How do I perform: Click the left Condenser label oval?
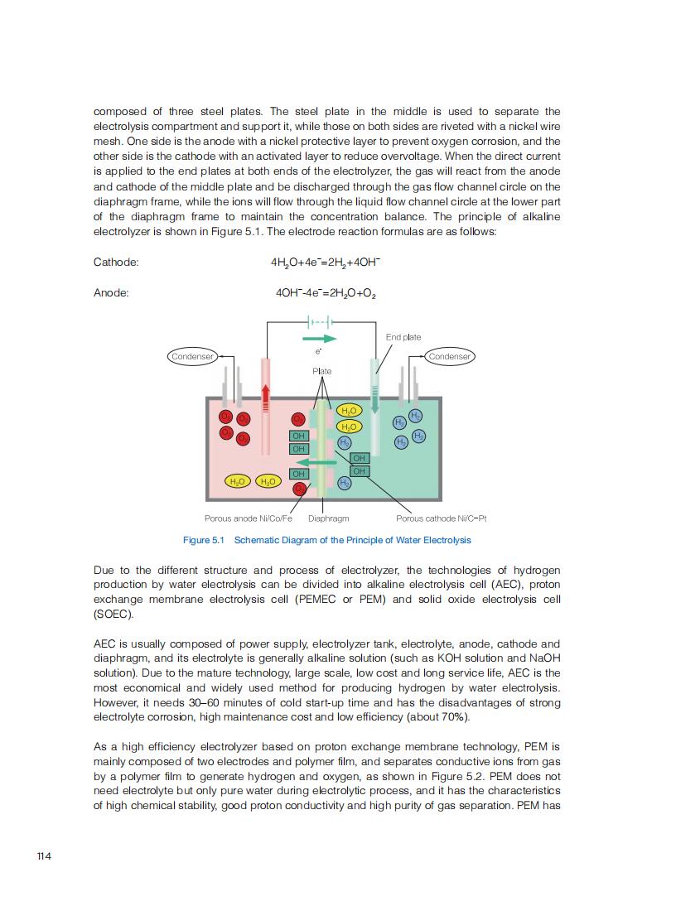tap(192, 356)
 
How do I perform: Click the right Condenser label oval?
tap(450, 356)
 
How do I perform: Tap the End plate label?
tap(403, 337)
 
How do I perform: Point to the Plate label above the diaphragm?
tap(322, 371)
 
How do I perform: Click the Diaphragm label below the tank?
tap(328, 518)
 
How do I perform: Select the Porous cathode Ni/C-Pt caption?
tap(441, 518)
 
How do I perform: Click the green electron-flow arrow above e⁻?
tap(319, 339)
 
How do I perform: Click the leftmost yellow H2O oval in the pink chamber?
tap(239, 481)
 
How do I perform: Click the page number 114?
tap(45, 856)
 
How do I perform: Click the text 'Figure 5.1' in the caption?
tap(204, 540)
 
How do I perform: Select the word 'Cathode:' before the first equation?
tap(116, 263)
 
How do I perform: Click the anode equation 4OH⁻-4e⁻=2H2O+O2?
tap(326, 293)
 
